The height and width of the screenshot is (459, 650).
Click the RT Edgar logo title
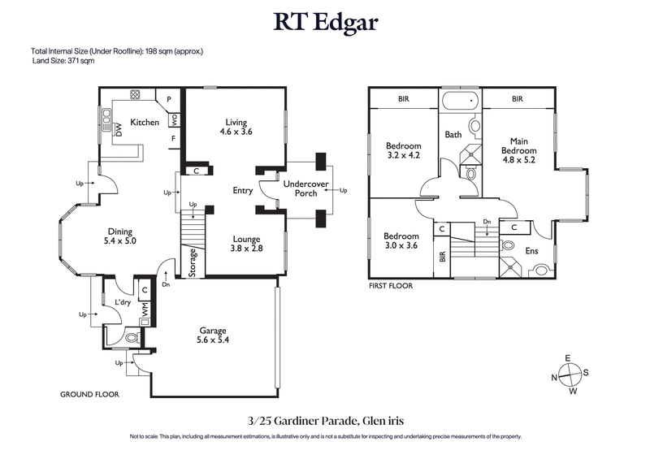pyautogui.click(x=324, y=22)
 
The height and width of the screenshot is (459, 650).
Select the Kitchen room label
pyautogui.click(x=145, y=122)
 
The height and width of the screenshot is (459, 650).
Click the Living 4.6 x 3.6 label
pyautogui.click(x=236, y=127)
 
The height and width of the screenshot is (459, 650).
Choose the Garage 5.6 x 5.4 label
pyautogui.click(x=214, y=336)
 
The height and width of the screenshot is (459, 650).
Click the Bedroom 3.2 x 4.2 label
pyautogui.click(x=402, y=152)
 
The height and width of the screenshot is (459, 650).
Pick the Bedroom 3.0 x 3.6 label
pyautogui.click(x=401, y=240)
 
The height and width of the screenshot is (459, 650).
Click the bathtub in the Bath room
pyautogui.click(x=461, y=102)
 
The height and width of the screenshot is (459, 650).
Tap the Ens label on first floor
pyautogui.click(x=531, y=251)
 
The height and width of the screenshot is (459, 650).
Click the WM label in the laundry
pyautogui.click(x=145, y=309)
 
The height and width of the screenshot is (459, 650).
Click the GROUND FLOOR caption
pyautogui.click(x=89, y=394)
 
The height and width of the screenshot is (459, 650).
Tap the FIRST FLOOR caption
pyautogui.click(x=391, y=286)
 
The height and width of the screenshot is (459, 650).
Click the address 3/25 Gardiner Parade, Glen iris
pyautogui.click(x=325, y=421)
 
